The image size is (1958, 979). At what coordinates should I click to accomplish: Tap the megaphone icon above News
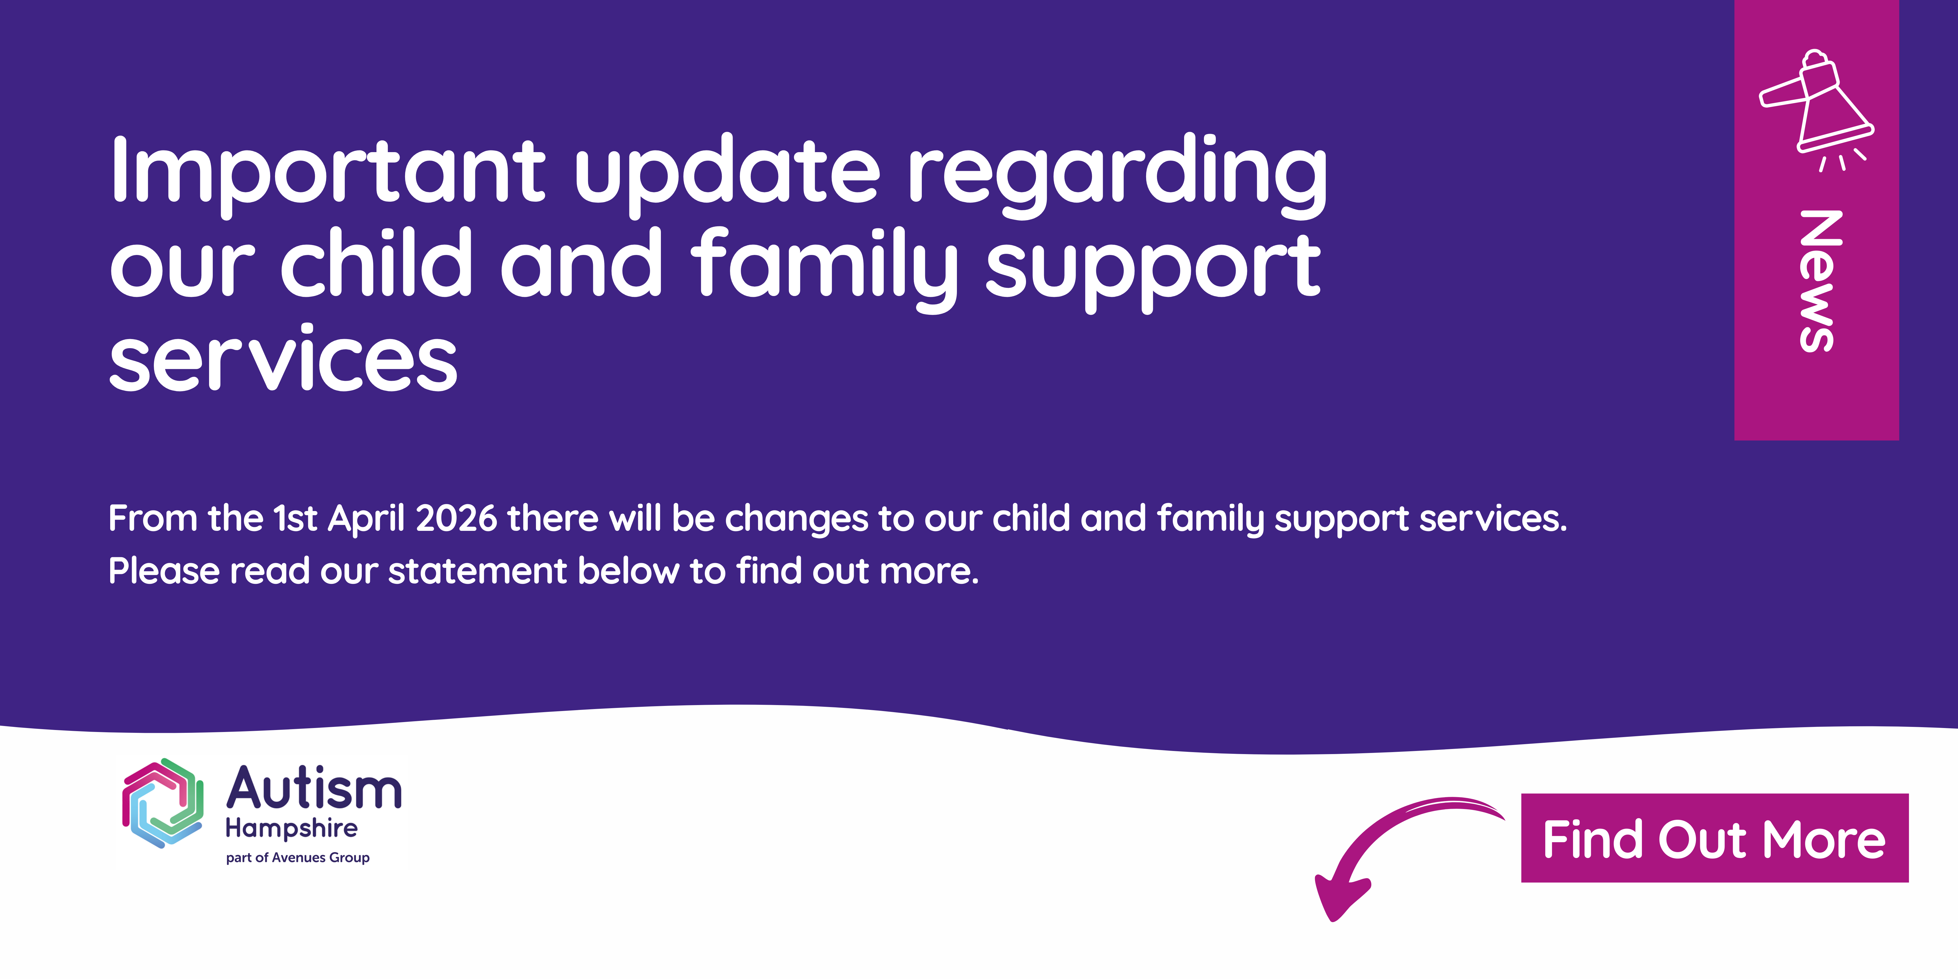pos(1817,110)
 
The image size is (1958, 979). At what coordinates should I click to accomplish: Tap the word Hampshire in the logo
pos(292,829)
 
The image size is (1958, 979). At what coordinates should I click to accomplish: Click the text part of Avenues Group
pos(298,857)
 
